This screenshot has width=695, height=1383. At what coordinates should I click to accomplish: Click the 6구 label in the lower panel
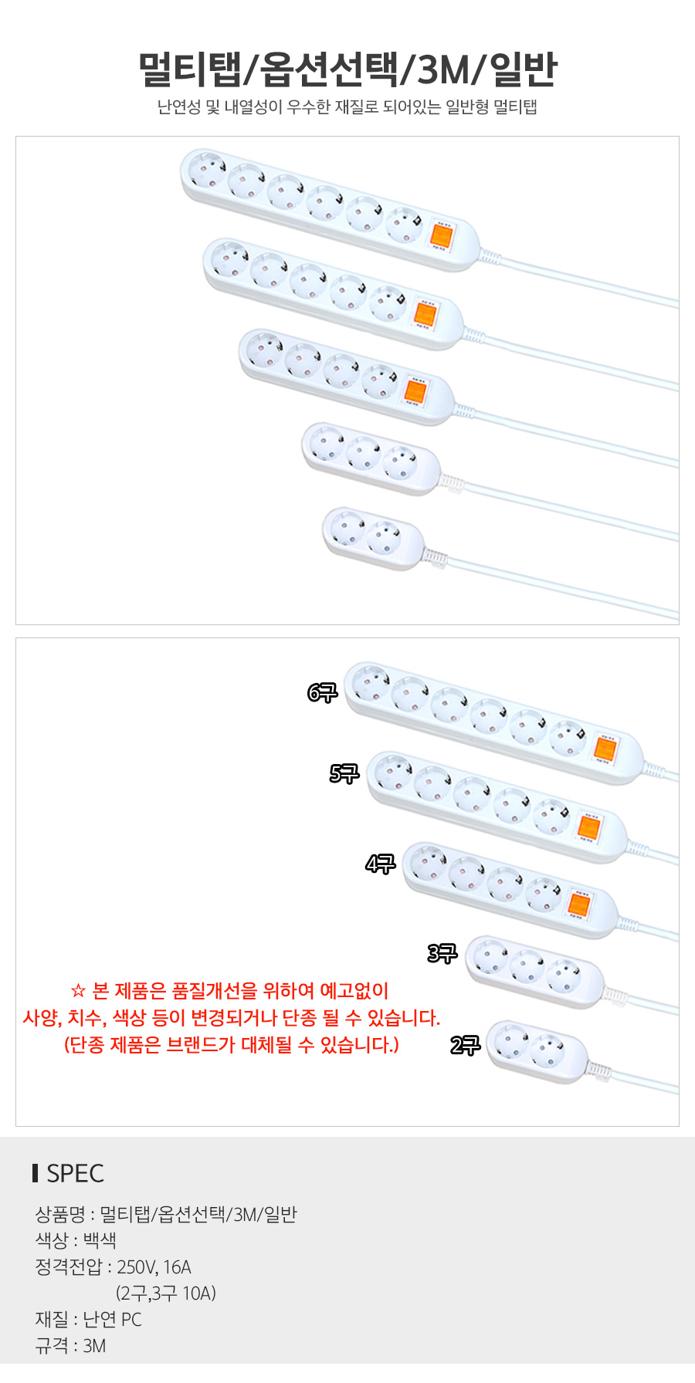pos(322,692)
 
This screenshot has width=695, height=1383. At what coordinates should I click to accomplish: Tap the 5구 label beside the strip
pos(344,773)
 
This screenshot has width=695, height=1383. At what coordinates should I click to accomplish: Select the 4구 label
pos(381,864)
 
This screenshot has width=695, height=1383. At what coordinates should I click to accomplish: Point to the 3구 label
pos(442,953)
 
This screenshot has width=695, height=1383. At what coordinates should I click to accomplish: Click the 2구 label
pos(466,1045)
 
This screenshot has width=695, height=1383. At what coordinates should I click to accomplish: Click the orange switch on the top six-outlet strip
pos(441,235)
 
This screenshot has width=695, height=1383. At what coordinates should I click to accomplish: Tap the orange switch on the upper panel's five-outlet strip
pos(425,314)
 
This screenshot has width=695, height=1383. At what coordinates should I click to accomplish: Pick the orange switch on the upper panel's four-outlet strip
pos(415,392)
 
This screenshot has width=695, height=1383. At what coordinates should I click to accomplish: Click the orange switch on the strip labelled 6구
pos(604,748)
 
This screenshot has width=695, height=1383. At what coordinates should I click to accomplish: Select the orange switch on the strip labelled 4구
pos(579,905)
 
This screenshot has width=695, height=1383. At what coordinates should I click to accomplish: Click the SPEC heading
pos(75,1173)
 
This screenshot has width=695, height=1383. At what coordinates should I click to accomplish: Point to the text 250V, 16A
pos(154,1267)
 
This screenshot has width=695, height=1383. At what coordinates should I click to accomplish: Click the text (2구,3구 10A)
pos(166,1293)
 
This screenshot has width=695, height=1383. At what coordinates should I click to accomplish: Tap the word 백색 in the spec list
pos(100,1241)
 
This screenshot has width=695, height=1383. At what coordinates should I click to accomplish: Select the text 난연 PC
pos(113,1320)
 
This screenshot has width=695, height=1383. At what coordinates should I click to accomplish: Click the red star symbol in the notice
pos(77,991)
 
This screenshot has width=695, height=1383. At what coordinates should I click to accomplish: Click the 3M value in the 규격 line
pos(94,1346)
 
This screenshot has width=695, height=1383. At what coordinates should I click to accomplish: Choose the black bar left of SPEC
pos(36,1173)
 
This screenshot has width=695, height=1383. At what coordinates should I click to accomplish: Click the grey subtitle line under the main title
pos(347,107)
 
